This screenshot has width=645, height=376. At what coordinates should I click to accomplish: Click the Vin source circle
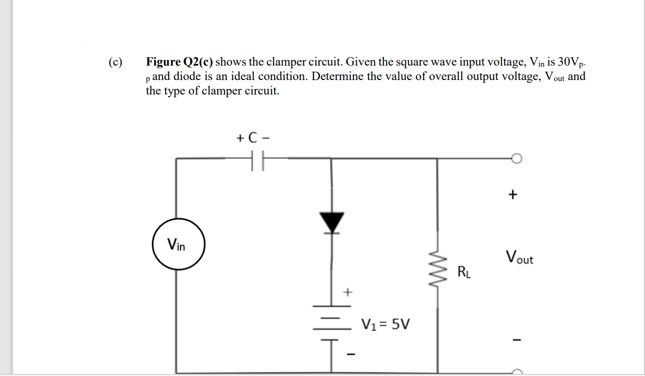pos(179,244)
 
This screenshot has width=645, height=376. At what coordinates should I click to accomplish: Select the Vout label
pos(519,257)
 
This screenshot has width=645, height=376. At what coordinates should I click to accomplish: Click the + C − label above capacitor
pos(253,138)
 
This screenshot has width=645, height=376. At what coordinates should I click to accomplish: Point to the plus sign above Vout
pos(512,195)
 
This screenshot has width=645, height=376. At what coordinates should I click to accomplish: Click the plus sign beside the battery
pos(348,292)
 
